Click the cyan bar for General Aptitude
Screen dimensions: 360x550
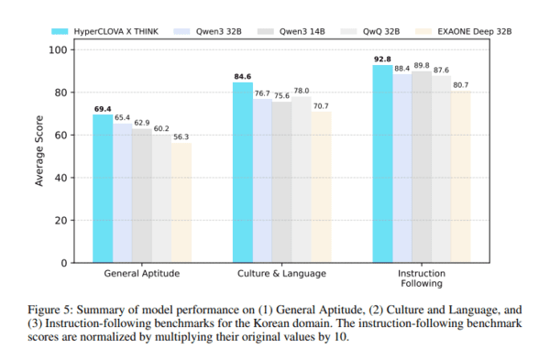(x=103, y=188)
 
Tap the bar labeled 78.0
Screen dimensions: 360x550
(x=301, y=180)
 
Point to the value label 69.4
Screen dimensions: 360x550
(x=103, y=109)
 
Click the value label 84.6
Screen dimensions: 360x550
(x=243, y=77)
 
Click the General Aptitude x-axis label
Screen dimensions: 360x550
(x=142, y=274)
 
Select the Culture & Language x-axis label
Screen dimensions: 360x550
(x=282, y=274)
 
